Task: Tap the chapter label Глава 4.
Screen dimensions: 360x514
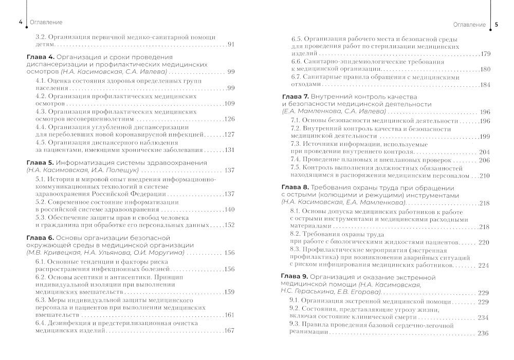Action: pos(39,56)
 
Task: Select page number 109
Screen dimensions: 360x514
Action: pos(229,103)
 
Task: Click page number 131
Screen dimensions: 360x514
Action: pos(229,150)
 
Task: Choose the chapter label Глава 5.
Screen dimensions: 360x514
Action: pos(39,163)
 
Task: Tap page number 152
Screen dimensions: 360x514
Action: pos(229,225)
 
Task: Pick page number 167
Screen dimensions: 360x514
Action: pos(229,331)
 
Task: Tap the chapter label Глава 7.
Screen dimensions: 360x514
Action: pos(295,97)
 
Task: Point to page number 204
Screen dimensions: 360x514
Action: pos(484,152)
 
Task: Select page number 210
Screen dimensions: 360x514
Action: pos(484,175)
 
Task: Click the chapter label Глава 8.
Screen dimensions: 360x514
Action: pos(295,188)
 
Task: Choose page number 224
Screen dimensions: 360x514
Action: pos(483,266)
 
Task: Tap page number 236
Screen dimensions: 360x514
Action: pos(483,333)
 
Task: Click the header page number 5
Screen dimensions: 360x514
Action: pos(496,24)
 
